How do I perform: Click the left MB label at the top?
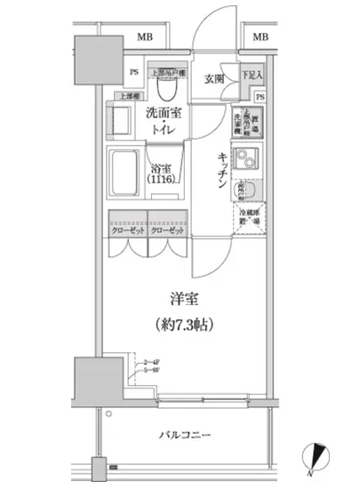(142, 37)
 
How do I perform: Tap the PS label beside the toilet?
(134, 73)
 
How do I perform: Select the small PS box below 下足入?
(260, 96)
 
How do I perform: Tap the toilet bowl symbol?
(165, 87)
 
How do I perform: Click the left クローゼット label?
(127, 229)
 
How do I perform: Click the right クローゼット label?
(167, 229)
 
